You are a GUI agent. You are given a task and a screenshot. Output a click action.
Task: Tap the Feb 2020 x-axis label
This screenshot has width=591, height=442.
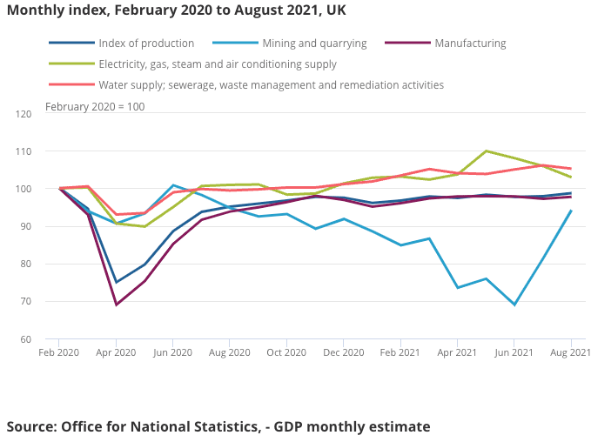[x=58, y=352]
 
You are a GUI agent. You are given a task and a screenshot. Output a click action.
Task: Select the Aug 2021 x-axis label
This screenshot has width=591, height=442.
[x=571, y=352]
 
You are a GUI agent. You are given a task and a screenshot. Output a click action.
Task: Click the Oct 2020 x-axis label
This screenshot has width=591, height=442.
[x=286, y=352]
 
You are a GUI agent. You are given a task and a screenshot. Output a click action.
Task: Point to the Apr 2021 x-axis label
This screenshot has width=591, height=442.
[x=458, y=352]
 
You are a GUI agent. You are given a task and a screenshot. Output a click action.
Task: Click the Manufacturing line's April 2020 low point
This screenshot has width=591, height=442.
[x=116, y=305]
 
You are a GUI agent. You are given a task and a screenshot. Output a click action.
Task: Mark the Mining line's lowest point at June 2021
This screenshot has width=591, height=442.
[x=514, y=305]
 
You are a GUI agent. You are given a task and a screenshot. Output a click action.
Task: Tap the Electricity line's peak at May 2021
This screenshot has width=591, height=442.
[x=486, y=151]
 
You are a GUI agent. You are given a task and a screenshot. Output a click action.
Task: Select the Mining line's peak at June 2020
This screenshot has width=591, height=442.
[x=173, y=185]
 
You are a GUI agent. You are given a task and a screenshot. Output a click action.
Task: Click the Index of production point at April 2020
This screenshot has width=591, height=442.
[x=116, y=282]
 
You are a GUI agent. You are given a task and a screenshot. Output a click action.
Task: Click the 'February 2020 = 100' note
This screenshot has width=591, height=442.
[x=95, y=107]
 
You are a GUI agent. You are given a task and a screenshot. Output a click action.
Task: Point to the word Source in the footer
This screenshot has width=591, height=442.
[x=30, y=426]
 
